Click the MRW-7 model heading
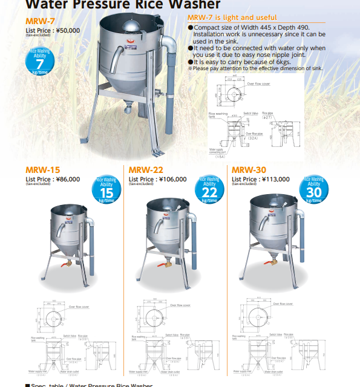(x=38, y=21)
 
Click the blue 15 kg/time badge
(x=106, y=190)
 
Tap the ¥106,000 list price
(x=172, y=179)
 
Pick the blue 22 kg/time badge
(x=210, y=190)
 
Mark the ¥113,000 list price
(x=275, y=179)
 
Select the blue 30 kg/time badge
(x=313, y=190)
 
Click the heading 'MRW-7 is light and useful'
(x=232, y=18)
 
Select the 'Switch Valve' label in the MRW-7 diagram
(x=251, y=113)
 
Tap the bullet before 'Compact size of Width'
(x=191, y=27)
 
